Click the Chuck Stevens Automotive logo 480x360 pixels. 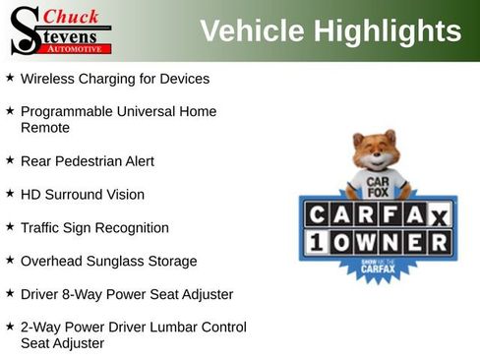coord(59,30)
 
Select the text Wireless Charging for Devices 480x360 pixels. coord(115,78)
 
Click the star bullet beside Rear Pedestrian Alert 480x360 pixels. coord(10,159)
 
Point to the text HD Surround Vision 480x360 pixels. coord(82,195)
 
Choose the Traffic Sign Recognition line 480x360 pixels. coord(94,228)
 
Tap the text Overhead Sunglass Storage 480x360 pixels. coord(108,262)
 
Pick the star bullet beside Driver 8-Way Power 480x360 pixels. coord(10,293)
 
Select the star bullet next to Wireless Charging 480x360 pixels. coord(10,77)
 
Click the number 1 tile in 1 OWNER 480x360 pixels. coord(317,241)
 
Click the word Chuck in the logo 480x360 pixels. coord(72,16)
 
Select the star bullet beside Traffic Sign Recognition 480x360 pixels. coord(10,226)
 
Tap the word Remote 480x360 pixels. coord(45,128)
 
